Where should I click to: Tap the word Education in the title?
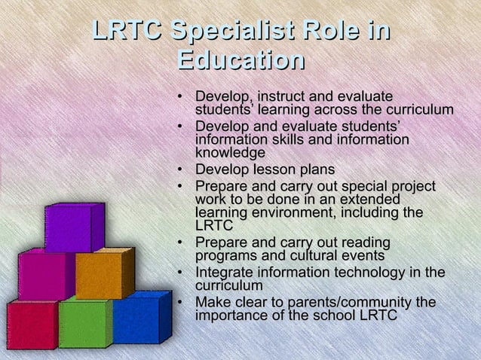point(240,60)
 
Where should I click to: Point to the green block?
point(82,324)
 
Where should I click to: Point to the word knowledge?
point(230,153)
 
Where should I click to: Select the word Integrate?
point(225,273)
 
